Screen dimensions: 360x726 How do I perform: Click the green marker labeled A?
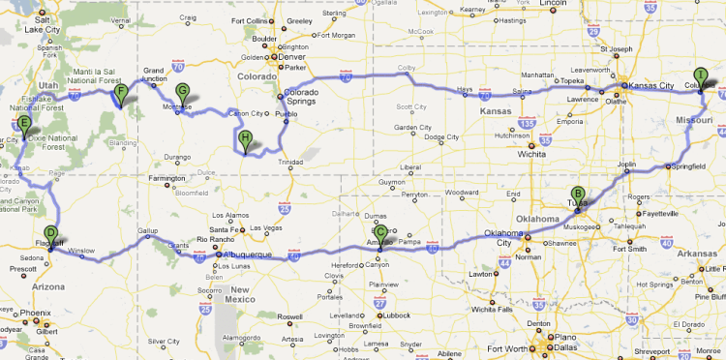tap(700, 77)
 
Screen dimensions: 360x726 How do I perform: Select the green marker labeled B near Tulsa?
tap(578, 194)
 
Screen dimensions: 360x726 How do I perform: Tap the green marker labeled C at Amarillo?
tap(380, 234)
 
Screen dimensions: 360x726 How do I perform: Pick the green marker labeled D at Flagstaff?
tap(50, 232)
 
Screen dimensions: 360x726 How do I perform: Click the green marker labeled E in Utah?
tap(23, 125)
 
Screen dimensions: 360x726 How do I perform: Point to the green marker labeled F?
tap(121, 94)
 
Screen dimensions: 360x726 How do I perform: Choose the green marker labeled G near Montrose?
tap(181, 94)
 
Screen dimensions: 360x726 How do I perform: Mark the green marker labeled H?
tap(246, 139)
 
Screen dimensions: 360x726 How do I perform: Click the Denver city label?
tap(293, 56)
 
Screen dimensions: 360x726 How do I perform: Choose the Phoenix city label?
tap(35, 314)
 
